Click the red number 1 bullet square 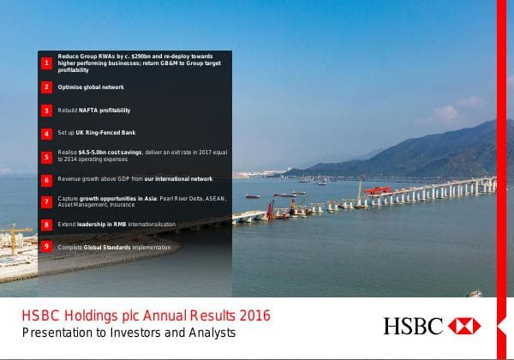(47, 63)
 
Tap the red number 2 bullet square (47, 87)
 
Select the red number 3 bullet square (47, 111)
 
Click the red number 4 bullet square (47, 135)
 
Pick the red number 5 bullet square (47, 156)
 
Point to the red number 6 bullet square (47, 180)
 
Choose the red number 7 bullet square (47, 202)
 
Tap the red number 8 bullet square (47, 225)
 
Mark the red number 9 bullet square (47, 247)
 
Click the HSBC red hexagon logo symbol (464, 327)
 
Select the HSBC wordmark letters (413, 327)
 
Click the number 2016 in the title (253, 315)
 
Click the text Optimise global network (91, 87)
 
